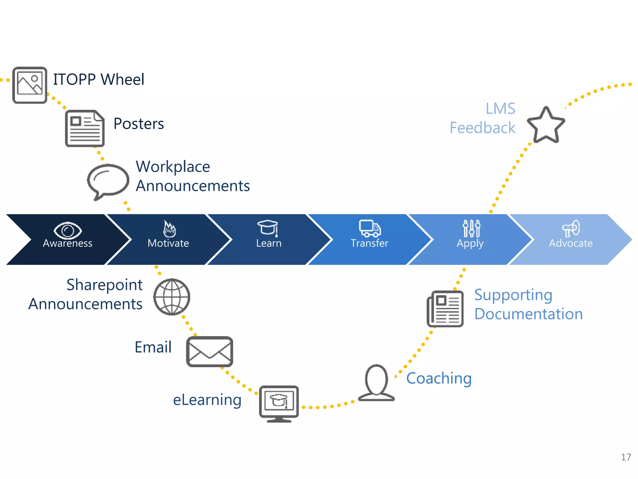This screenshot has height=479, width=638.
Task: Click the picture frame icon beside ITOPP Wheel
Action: [30, 85]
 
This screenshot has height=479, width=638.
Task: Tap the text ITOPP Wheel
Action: [98, 79]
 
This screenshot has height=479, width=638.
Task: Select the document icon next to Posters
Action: [85, 128]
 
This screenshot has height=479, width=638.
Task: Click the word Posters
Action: [139, 124]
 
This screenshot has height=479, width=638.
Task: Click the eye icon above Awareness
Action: [68, 230]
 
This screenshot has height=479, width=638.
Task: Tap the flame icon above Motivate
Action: [169, 229]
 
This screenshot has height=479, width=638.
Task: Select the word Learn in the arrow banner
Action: [269, 243]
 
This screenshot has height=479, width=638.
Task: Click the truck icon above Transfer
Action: [369, 228]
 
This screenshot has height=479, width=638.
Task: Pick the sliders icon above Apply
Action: [471, 228]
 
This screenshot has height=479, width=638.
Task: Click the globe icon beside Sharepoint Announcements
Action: [172, 297]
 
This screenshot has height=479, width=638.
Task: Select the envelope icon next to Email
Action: [209, 351]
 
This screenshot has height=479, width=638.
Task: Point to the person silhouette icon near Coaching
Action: [376, 383]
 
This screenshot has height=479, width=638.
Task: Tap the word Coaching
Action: [439, 378]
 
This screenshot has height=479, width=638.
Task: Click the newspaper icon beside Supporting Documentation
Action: [445, 309]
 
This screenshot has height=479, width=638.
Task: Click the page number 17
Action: [626, 457]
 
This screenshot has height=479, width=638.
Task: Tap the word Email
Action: [153, 347]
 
